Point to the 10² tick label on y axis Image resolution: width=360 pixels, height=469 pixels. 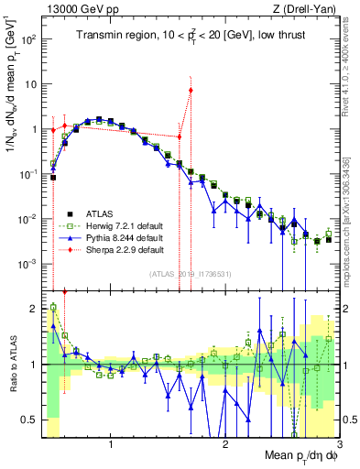pos(29,39)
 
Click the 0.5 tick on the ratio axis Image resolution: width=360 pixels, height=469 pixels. pos(29,420)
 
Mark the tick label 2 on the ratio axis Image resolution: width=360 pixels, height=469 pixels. pos(33,309)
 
